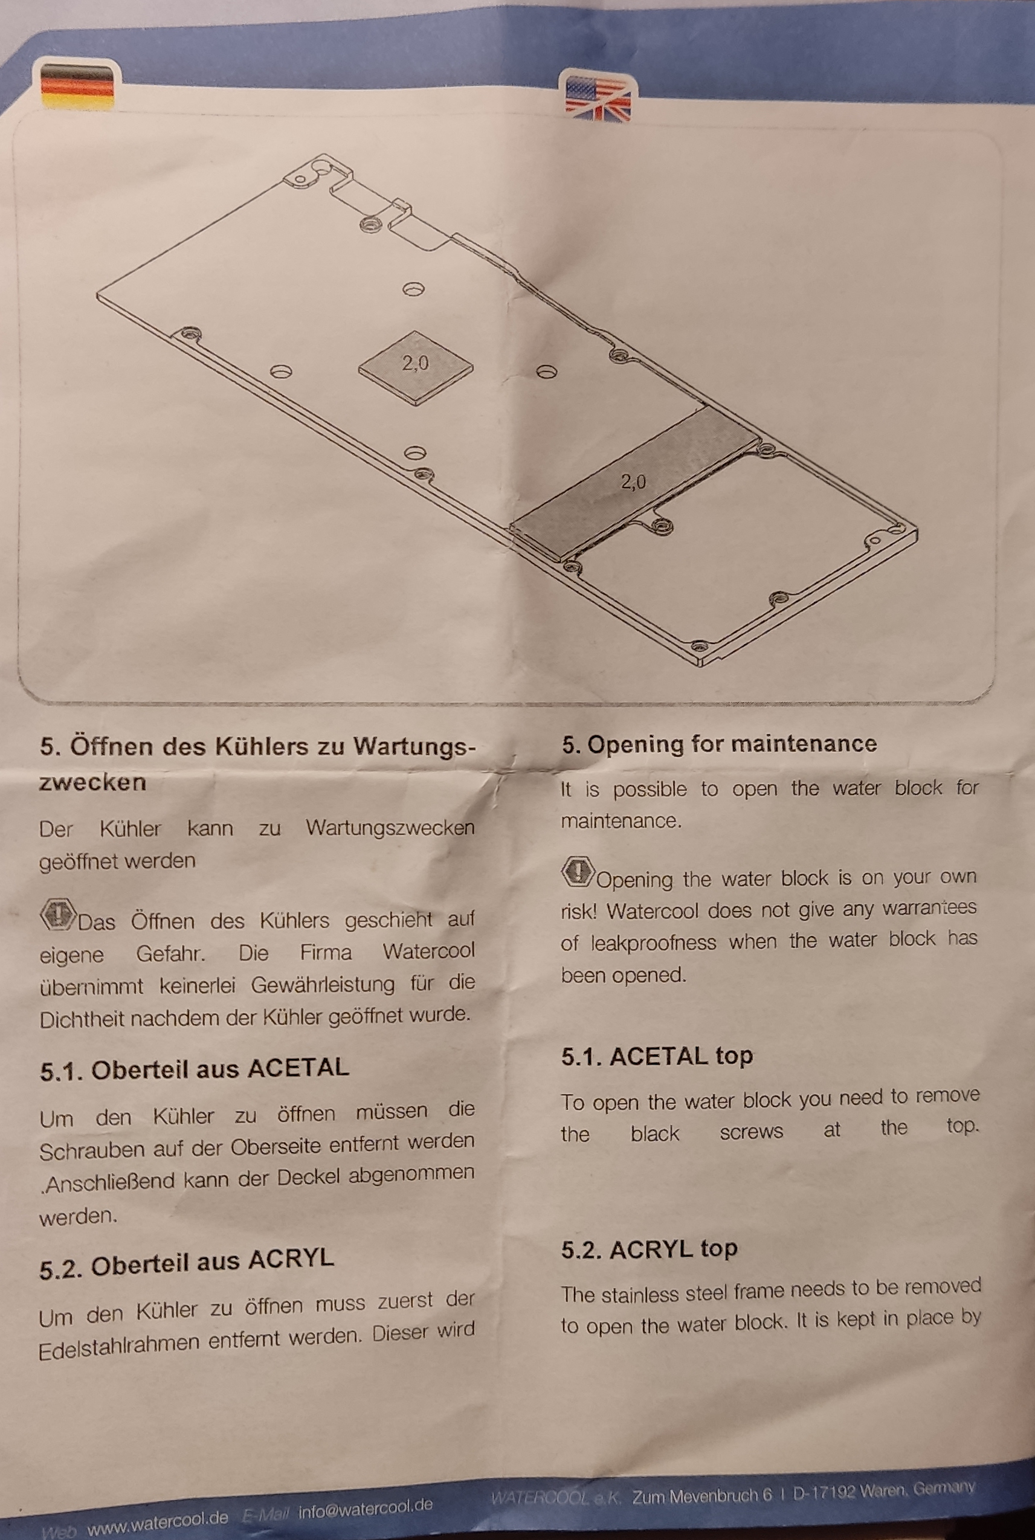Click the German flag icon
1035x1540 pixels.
(x=78, y=86)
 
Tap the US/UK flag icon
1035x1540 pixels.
(x=598, y=97)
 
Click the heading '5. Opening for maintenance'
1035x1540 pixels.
(x=720, y=744)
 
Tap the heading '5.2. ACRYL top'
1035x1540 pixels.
(x=650, y=1249)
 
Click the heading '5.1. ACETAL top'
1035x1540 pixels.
(x=657, y=1056)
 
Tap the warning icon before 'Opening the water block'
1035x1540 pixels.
(x=578, y=872)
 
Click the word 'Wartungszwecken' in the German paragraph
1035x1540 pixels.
(x=390, y=828)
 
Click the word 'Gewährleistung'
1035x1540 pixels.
(x=323, y=985)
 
